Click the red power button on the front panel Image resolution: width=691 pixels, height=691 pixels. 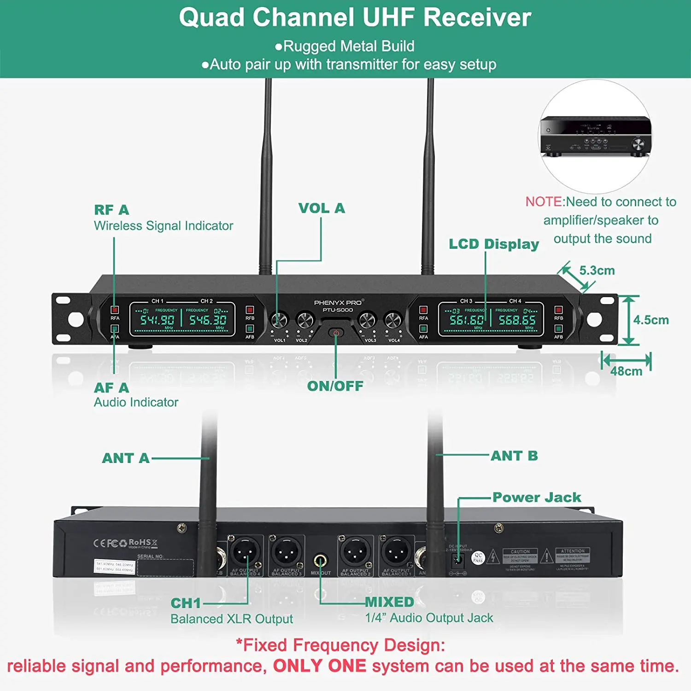pos(336,333)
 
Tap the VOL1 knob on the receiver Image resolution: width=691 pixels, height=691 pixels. pos(279,320)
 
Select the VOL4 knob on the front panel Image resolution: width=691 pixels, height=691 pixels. pos(393,320)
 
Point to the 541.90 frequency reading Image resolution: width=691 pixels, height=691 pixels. pos(157,320)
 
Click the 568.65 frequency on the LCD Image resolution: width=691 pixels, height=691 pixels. pos(517,320)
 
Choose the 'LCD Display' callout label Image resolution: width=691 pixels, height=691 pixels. pos(494,244)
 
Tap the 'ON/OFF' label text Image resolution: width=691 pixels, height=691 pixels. pos(335,386)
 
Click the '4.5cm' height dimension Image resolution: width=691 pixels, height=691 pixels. pos(650,320)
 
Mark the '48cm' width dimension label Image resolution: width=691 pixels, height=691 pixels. pos(626,371)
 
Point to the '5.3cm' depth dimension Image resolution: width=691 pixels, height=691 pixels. pos(597,270)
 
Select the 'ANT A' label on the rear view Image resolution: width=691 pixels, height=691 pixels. pos(126,458)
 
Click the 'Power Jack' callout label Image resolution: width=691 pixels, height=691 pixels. pos(537,498)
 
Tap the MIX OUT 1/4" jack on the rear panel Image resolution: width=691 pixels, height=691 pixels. pos(321,561)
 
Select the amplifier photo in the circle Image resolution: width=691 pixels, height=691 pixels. pos(596,137)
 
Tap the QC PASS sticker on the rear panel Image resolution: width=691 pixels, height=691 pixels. pos(478,558)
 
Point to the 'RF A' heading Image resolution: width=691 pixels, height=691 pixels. pos(111,210)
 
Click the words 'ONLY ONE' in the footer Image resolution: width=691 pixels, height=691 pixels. pos(319,666)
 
